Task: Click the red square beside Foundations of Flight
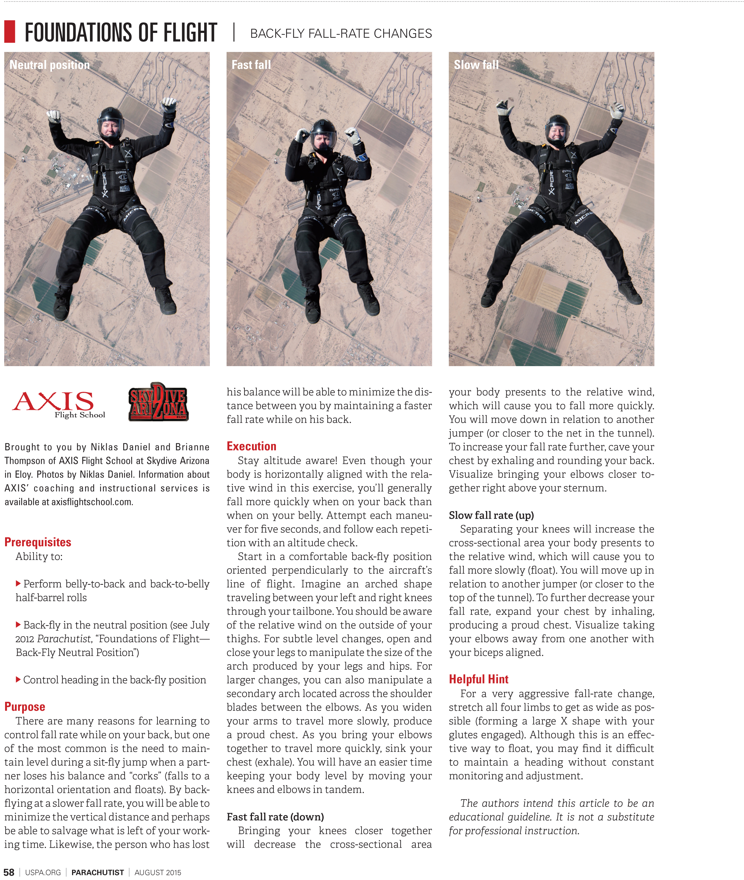coord(10,32)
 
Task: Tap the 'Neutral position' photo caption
coord(49,65)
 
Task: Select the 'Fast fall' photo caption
coord(251,65)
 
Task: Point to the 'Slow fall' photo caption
coord(476,65)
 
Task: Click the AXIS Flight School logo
coord(58,404)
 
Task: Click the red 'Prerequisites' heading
coord(38,542)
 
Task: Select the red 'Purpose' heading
coord(25,707)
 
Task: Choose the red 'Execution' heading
coord(251,446)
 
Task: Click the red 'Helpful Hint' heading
coord(478,679)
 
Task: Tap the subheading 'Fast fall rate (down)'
coord(275,817)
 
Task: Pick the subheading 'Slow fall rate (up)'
coord(491,515)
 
